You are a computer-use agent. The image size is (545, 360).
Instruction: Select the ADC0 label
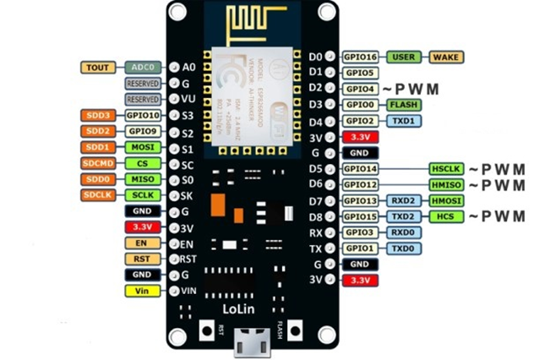coord(141,67)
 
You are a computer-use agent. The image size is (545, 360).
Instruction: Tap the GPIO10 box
coord(141,115)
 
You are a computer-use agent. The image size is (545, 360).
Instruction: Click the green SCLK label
coord(141,195)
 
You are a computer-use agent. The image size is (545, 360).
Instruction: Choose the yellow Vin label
coord(141,292)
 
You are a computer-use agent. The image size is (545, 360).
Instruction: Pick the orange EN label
coord(141,243)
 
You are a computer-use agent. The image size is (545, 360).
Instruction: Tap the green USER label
coord(403,57)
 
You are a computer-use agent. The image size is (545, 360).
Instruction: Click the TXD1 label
coord(403,121)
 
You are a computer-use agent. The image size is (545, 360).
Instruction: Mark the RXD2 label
coord(403,200)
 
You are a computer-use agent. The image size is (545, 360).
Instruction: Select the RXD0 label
coord(403,232)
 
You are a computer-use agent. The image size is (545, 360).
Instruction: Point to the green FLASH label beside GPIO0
coord(403,105)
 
